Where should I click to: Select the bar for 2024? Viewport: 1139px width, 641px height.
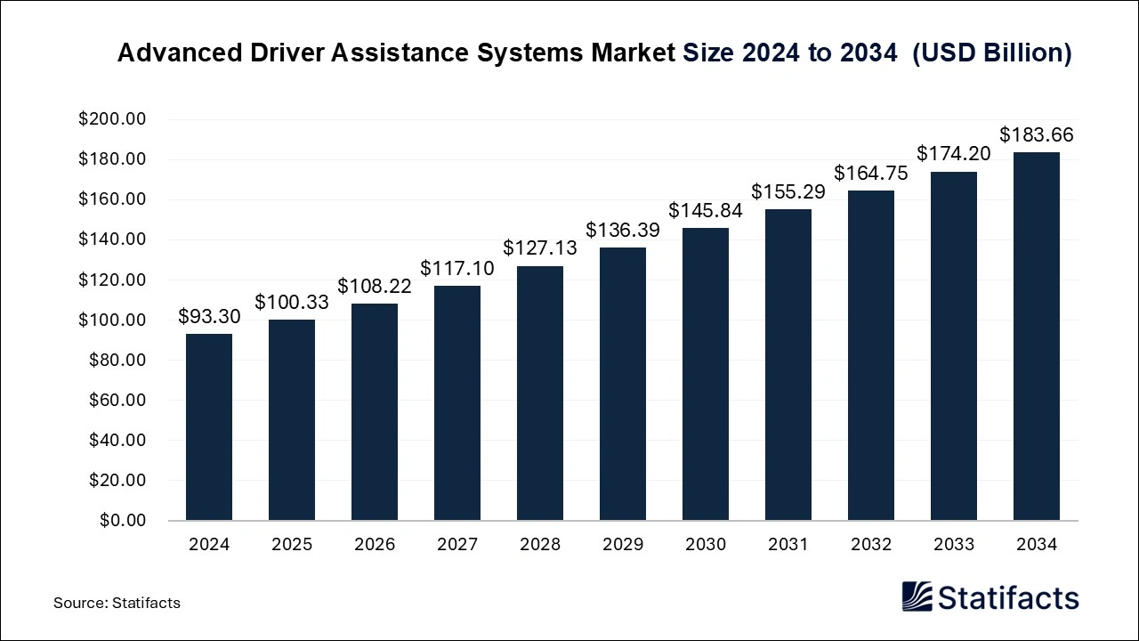click(209, 427)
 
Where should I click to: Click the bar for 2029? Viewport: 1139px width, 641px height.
click(623, 384)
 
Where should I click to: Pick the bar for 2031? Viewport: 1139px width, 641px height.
click(788, 365)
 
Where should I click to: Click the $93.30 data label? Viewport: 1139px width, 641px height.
click(209, 316)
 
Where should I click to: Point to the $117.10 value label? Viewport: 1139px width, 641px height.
click(457, 268)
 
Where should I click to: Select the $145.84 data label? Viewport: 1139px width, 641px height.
click(706, 210)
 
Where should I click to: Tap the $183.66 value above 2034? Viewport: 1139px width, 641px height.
click(1037, 135)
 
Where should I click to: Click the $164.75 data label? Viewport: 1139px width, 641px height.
click(871, 173)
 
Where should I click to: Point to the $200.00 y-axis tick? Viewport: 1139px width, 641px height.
click(112, 119)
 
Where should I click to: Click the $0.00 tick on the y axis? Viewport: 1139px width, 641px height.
click(123, 520)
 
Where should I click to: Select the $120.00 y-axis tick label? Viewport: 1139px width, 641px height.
click(112, 280)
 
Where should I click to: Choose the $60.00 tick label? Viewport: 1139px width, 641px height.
click(117, 400)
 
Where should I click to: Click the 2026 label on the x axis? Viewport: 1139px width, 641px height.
click(375, 545)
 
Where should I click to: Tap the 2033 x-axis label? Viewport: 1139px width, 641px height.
click(954, 545)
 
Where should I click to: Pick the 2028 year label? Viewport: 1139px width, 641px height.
click(540, 545)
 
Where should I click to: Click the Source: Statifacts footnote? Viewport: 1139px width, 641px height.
click(117, 603)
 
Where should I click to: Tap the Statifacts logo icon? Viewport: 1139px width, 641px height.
click(917, 596)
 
